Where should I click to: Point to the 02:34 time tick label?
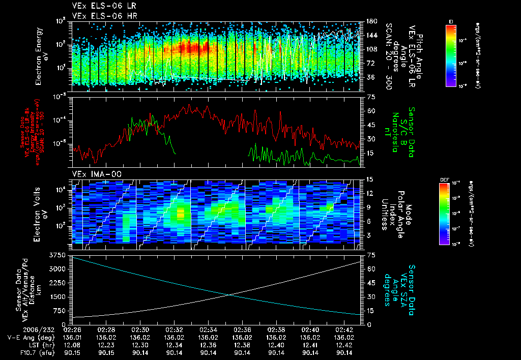coord(208,329)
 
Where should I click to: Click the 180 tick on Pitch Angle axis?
coord(370,21)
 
